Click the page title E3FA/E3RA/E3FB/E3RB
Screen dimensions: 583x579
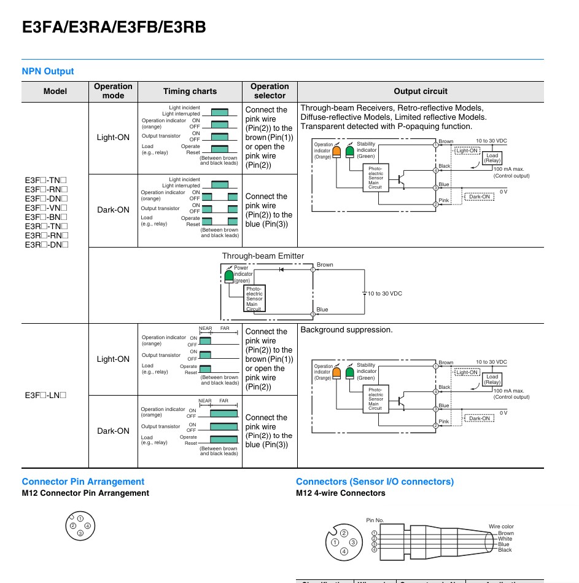[x=114, y=27]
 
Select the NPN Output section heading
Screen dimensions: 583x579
[x=48, y=71]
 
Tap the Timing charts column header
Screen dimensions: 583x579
[x=190, y=91]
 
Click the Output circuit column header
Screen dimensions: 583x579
[x=421, y=91]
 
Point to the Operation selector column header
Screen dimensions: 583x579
[x=270, y=91]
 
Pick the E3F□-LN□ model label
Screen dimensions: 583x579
[x=45, y=395]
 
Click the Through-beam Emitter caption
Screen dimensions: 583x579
[x=263, y=256]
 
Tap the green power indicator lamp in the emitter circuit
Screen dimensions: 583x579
[x=229, y=276]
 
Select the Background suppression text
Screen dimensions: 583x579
[x=346, y=330]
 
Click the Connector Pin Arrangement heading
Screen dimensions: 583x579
[x=83, y=482]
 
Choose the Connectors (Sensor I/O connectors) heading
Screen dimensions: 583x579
[x=375, y=482]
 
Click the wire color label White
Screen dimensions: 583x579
[x=505, y=539]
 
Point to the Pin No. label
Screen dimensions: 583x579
[x=375, y=520]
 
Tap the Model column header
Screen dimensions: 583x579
[x=55, y=91]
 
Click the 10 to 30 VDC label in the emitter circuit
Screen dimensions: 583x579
[x=385, y=294]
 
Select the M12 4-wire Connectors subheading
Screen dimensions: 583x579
[x=341, y=493]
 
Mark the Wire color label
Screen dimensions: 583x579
[x=501, y=526]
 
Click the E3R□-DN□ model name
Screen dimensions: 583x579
[x=47, y=245]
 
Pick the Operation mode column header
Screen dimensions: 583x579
[x=113, y=91]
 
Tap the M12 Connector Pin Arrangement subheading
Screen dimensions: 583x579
[x=85, y=493]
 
